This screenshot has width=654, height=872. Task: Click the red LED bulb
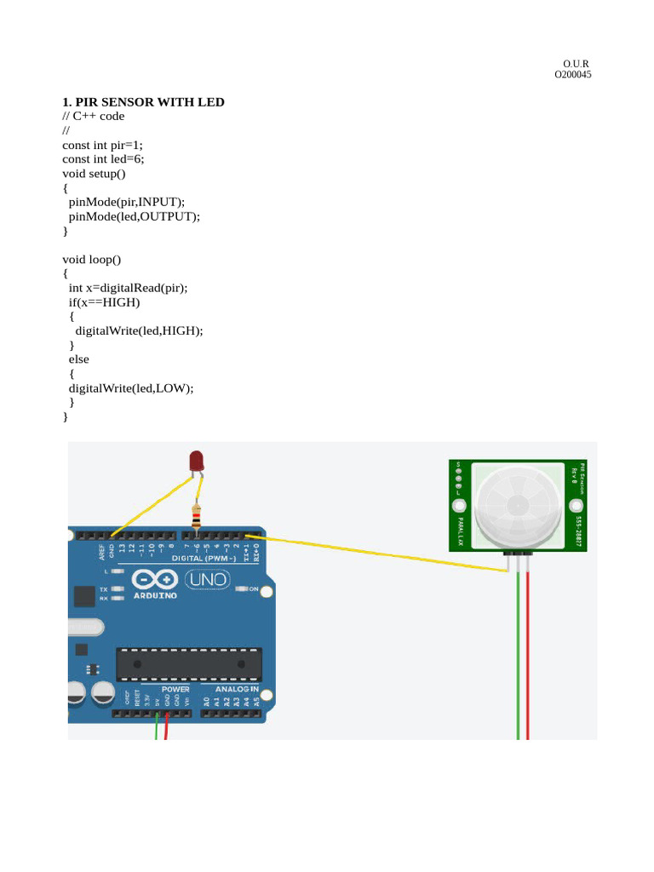[197, 462]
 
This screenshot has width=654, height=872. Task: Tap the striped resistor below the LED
[197, 515]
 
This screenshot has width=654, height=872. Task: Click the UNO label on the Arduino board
[208, 580]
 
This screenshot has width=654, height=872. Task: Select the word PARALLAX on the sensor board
[461, 531]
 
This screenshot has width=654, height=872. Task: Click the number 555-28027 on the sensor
[579, 530]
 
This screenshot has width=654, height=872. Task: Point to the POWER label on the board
[175, 689]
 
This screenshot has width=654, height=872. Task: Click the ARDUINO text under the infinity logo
[154, 595]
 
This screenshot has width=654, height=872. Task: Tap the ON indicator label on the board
[253, 588]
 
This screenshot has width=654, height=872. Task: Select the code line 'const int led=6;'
[102, 158]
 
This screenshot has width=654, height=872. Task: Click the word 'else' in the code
[78, 359]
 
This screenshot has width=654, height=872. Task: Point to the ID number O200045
[573, 75]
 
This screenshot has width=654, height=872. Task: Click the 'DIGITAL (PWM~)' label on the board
[205, 559]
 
